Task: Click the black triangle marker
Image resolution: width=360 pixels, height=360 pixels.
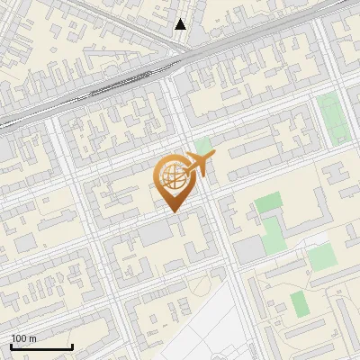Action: [181, 24]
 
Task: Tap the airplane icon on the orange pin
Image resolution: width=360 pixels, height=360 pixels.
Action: [199, 165]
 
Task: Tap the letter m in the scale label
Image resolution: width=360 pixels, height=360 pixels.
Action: [33, 338]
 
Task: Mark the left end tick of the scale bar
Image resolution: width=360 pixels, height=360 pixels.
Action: [11, 346]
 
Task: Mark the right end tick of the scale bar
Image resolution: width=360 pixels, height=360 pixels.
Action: [72, 346]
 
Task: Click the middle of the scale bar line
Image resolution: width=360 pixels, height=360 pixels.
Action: [41, 347]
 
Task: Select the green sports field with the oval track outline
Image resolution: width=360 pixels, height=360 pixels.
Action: [334, 117]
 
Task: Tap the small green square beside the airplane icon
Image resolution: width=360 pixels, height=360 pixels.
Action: [203, 145]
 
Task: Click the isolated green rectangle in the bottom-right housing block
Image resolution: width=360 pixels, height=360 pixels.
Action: [300, 304]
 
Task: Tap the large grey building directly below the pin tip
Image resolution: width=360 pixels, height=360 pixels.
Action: [156, 232]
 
